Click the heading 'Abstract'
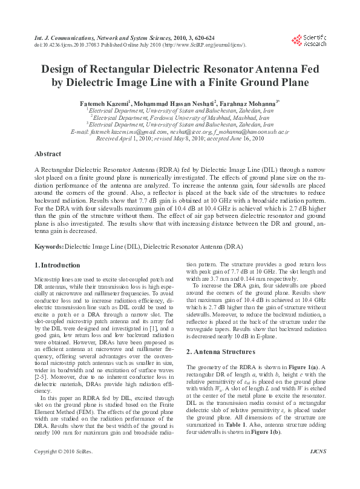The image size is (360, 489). pos(49,154)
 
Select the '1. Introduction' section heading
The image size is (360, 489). pos(57,265)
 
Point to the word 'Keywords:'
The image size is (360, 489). pos(48,248)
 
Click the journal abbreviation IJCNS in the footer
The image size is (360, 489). pos(318,468)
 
